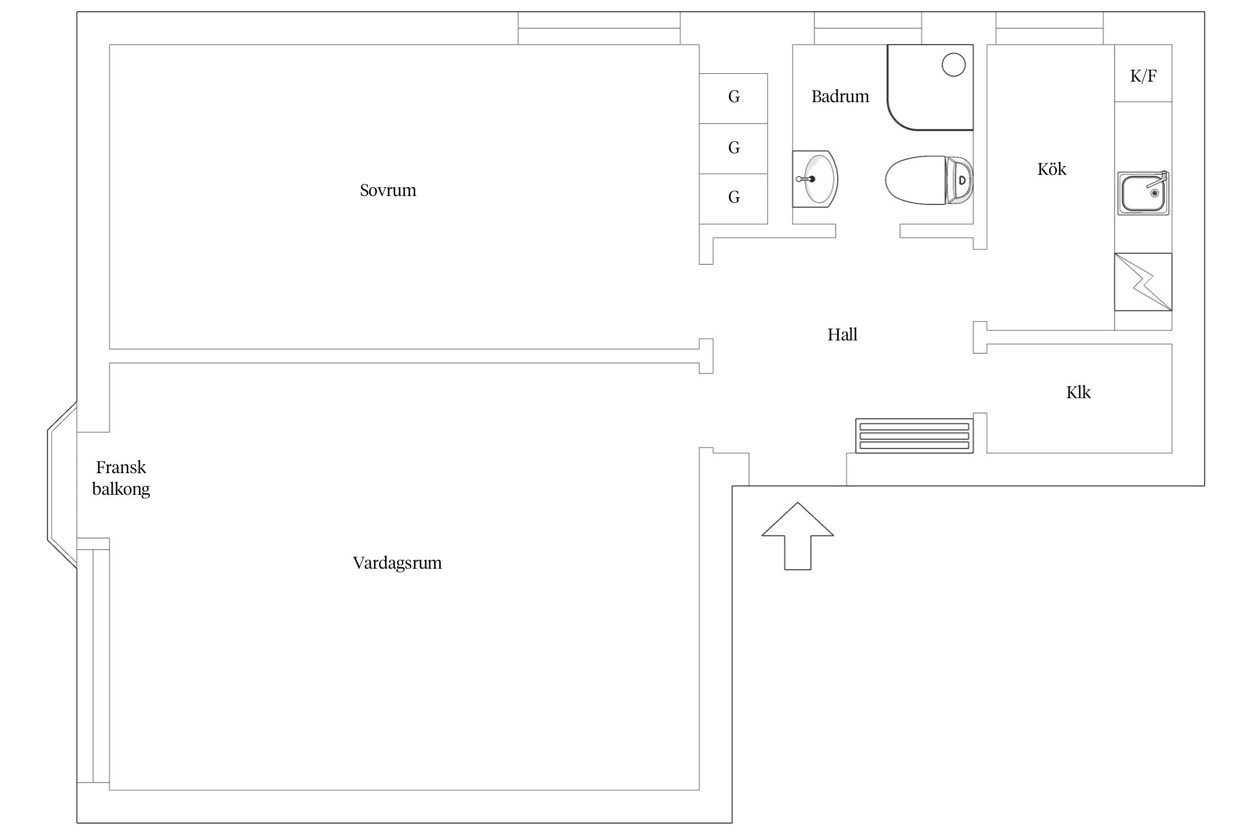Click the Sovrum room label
coord(387,190)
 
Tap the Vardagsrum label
coord(397,563)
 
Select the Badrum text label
coord(840,97)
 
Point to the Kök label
coord(1052,169)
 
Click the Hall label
coord(843,334)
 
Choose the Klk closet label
coord(1078,393)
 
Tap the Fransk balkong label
coord(121,478)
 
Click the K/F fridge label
coord(1144,76)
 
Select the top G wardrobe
coord(733,98)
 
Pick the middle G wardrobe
coord(733,148)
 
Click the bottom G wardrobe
coord(733,199)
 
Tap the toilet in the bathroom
coord(929,180)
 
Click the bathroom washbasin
coord(815,179)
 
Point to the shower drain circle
coord(954,64)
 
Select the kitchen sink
coord(1144,193)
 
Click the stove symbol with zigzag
coord(1143,282)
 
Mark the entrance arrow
coord(798,536)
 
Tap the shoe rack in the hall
coord(914,435)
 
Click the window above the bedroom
coord(600,28)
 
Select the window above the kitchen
coord(1050,28)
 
